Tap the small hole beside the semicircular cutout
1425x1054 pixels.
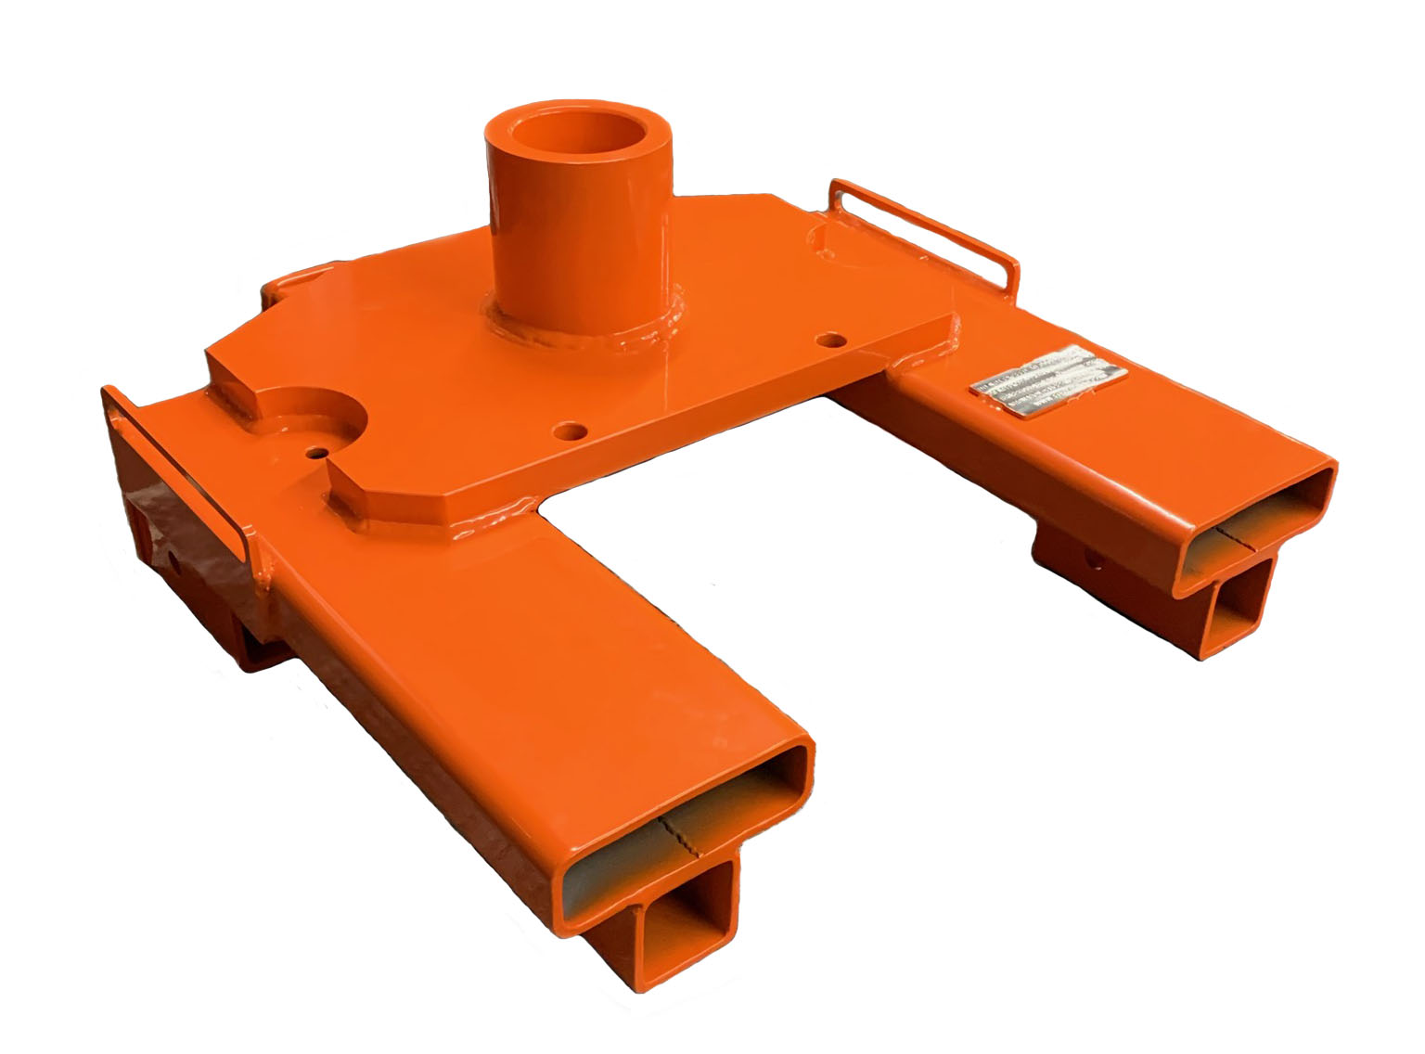tap(317, 454)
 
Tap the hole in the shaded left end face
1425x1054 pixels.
tap(174, 559)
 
